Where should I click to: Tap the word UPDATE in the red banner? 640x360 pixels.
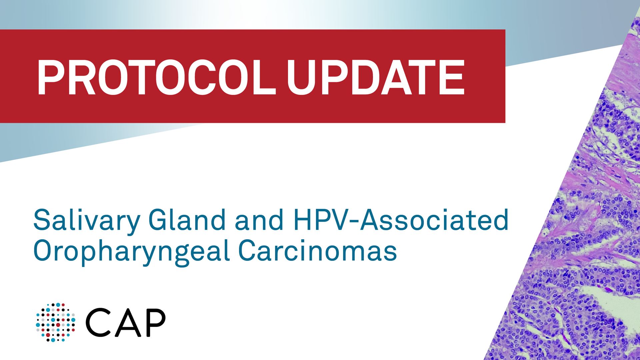click(376, 77)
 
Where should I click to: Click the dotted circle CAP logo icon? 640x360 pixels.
click(56, 322)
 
